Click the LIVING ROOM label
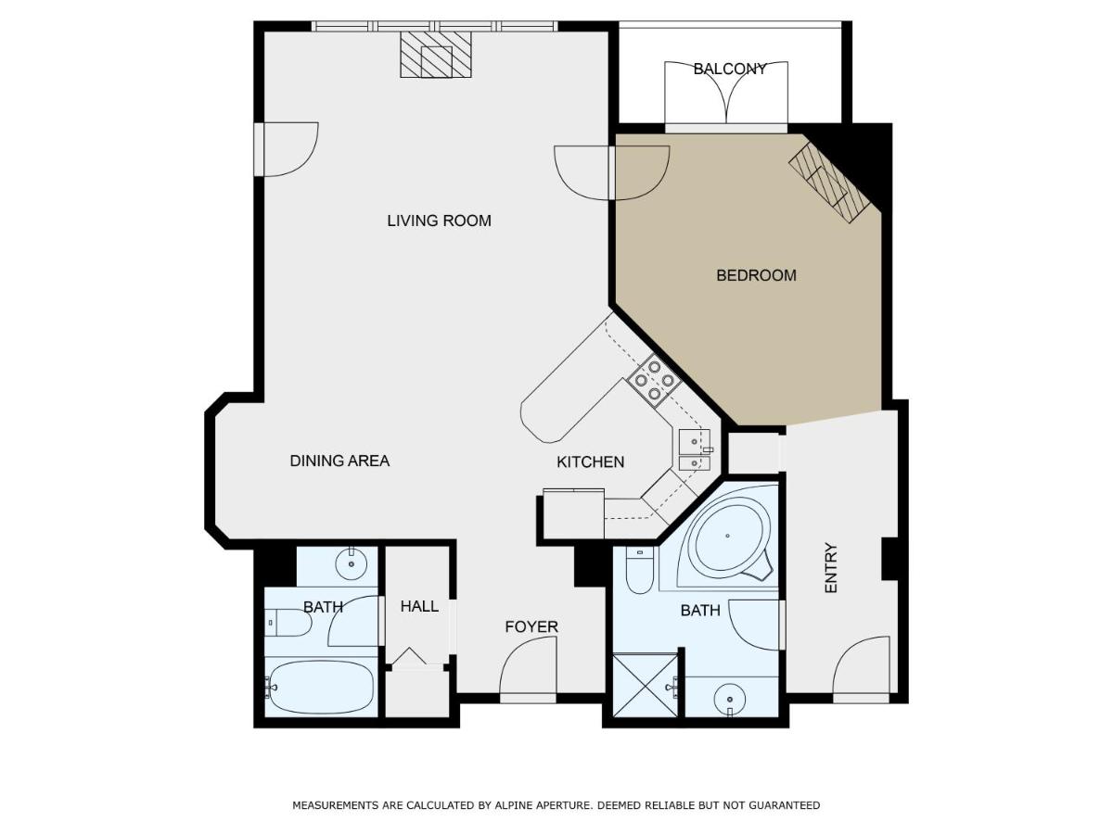click(439, 221)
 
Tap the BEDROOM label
click(756, 275)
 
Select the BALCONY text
click(729, 69)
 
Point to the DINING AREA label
click(339, 461)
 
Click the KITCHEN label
click(590, 461)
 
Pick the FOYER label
click(531, 627)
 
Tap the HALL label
click(419, 606)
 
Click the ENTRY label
click(830, 568)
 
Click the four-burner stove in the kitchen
click(654, 380)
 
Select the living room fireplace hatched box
click(436, 54)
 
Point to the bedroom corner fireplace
click(828, 183)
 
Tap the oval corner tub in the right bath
click(729, 537)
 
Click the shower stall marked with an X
click(645, 686)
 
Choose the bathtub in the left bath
click(320, 687)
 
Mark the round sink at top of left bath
click(351, 563)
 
